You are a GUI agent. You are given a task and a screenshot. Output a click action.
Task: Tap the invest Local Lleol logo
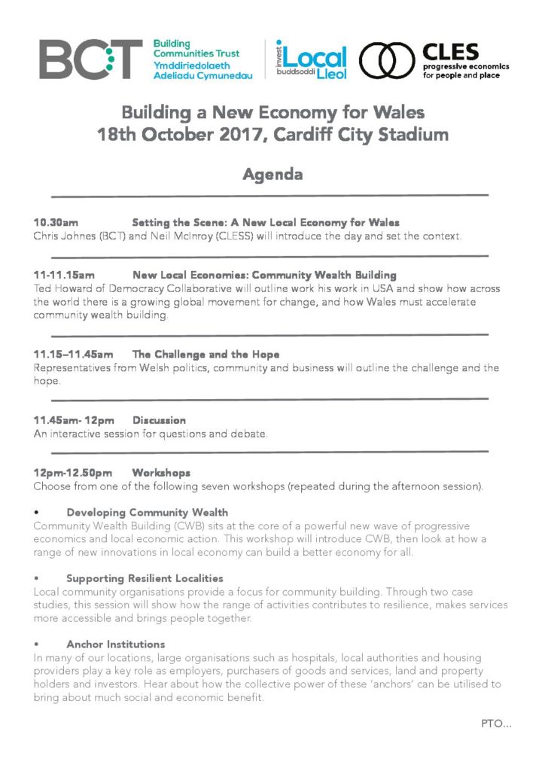tap(312, 59)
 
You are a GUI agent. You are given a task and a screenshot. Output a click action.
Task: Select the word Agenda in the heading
tap(272, 175)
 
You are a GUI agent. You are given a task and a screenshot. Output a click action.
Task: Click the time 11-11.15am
tap(64, 276)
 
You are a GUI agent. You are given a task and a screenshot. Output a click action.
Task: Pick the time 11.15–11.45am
tap(73, 354)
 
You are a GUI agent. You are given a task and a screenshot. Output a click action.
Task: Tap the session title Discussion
tap(159, 420)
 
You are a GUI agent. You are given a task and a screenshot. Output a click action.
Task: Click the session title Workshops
tap(161, 473)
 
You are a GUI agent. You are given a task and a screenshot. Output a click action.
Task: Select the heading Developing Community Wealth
tap(147, 512)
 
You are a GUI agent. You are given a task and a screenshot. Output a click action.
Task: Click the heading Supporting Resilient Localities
tap(145, 578)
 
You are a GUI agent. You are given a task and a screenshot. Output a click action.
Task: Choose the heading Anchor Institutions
tap(115, 645)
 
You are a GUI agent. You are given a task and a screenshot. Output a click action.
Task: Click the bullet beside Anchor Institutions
tap(36, 645)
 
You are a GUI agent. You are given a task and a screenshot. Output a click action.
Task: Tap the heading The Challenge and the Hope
tap(206, 354)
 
